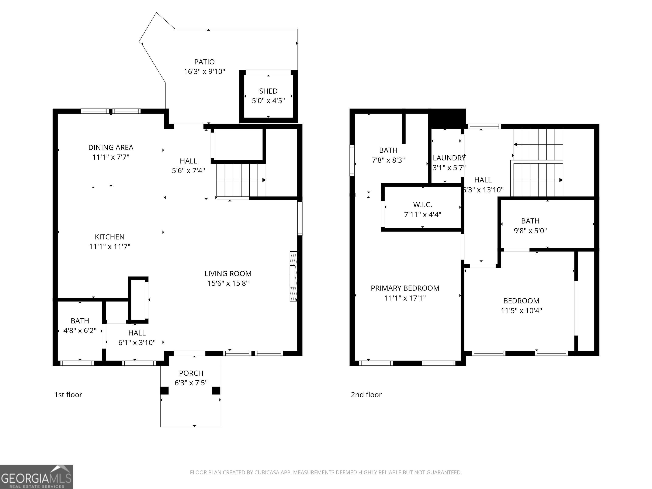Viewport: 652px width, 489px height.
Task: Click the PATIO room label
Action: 204,62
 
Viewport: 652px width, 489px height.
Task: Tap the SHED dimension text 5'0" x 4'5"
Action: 268,101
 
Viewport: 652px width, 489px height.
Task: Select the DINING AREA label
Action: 111,147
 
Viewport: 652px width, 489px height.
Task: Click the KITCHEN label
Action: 110,237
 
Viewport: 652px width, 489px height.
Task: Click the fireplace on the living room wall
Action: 294,276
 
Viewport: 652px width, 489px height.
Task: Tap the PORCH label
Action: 191,373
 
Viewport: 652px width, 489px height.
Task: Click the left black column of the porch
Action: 164,391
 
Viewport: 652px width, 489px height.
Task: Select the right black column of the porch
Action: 216,391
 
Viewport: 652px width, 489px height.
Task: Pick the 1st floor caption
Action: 68,395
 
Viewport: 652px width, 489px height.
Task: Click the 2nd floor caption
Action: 366,395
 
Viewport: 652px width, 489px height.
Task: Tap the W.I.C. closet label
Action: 423,205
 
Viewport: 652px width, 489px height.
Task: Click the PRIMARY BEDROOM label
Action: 405,288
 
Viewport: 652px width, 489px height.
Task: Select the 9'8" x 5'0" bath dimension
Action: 530,231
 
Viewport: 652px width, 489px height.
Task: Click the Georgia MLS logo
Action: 37,477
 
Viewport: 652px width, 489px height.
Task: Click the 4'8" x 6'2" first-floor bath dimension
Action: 80,331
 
